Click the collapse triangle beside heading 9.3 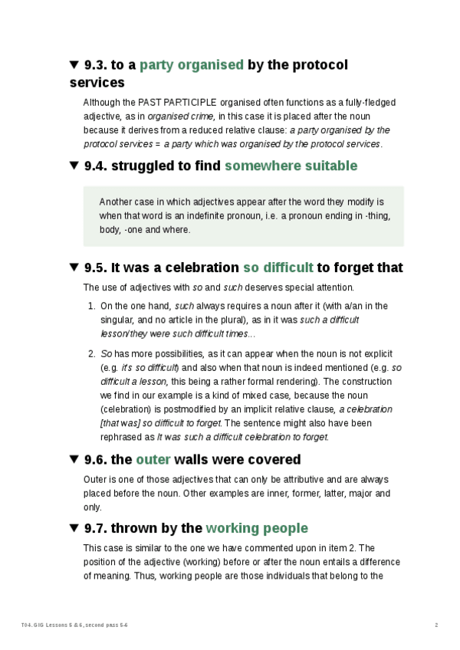[74, 65]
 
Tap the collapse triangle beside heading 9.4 [74, 166]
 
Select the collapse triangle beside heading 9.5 [74, 268]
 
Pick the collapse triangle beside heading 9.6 [74, 460]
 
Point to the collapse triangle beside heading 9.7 [74, 528]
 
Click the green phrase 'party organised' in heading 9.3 [191, 65]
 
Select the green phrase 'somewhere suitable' [291, 166]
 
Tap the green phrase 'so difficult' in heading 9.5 [278, 268]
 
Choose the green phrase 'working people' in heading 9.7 [257, 528]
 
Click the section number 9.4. [96, 166]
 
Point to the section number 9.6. [96, 460]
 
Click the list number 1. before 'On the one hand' [91, 306]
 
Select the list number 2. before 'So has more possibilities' [91, 354]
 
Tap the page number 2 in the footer [436, 625]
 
